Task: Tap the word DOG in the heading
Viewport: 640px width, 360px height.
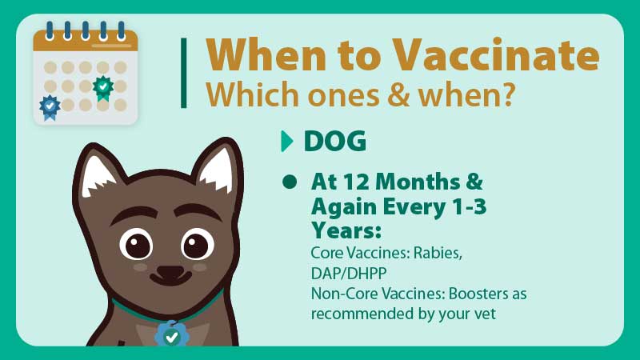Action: [334, 142]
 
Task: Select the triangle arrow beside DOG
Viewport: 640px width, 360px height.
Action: [287, 142]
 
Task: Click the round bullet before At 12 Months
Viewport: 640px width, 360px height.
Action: [290, 182]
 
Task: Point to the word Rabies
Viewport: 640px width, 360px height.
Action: [438, 254]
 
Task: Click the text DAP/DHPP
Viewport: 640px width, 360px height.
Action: [349, 274]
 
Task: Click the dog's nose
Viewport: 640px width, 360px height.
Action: [170, 272]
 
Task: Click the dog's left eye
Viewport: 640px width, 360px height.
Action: [136, 245]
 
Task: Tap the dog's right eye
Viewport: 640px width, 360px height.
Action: [198, 244]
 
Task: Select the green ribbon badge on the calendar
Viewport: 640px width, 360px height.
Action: [103, 88]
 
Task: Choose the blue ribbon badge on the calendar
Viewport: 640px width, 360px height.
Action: [50, 107]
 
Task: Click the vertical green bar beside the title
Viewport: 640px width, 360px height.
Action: [184, 73]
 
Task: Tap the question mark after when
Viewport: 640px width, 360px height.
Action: [507, 94]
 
